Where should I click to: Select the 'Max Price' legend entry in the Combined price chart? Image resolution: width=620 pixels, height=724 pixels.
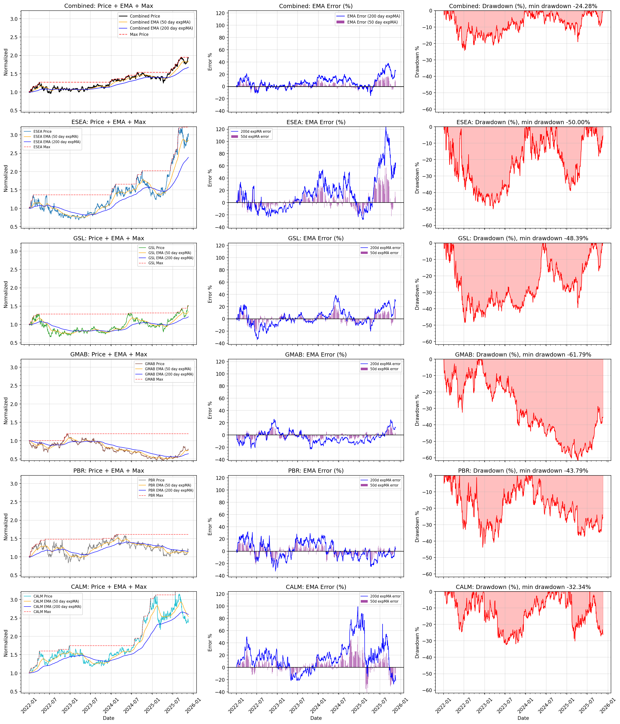point(139,34)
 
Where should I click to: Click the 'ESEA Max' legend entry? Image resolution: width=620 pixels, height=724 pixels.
point(42,147)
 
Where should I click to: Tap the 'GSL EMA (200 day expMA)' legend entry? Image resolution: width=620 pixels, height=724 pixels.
point(171,258)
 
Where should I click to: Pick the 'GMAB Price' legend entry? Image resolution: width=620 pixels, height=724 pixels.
point(154,364)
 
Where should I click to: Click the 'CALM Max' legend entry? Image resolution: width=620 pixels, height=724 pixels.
point(42,611)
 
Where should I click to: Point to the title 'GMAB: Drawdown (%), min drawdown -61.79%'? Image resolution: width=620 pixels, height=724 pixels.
point(523,355)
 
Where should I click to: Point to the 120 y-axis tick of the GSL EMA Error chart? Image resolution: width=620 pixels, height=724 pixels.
point(220,246)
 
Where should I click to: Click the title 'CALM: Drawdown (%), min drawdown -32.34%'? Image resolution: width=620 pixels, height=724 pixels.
point(523,587)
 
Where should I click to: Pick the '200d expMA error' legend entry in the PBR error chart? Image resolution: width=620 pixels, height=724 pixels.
point(385,480)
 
